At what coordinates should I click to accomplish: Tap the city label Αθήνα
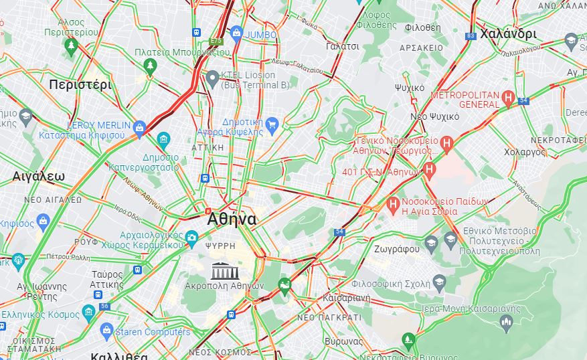click(x=232, y=219)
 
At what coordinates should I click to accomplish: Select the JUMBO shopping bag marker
click(x=236, y=33)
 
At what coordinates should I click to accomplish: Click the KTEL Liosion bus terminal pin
click(x=213, y=77)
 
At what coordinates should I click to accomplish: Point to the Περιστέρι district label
click(x=80, y=84)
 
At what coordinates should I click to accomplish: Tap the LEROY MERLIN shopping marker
click(x=139, y=127)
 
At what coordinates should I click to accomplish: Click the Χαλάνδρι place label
click(x=508, y=33)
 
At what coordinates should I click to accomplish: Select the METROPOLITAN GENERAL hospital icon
click(x=509, y=98)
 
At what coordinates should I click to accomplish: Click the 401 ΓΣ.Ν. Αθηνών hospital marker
click(x=430, y=170)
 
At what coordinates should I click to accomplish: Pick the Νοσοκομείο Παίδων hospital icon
click(x=393, y=203)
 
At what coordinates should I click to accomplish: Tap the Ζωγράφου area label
click(x=397, y=249)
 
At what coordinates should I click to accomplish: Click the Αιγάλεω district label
click(x=39, y=177)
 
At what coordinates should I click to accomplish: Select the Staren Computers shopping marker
click(x=106, y=330)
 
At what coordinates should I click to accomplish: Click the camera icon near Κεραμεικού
click(x=191, y=237)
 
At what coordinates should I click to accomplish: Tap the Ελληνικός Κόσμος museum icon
click(x=88, y=312)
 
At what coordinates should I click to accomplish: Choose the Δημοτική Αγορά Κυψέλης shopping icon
click(x=271, y=124)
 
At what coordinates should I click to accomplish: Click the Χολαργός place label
click(x=525, y=153)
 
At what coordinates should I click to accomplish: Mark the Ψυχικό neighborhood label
click(x=409, y=88)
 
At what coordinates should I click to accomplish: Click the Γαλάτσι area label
click(x=343, y=47)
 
